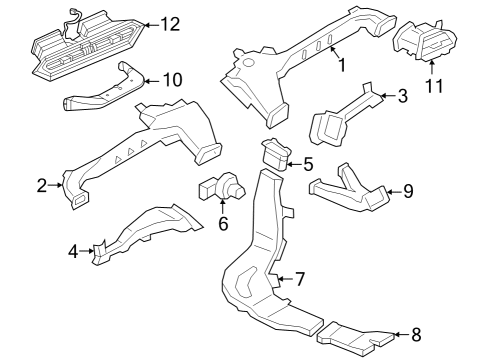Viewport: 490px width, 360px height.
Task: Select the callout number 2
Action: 42,185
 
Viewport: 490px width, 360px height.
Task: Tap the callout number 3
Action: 402,97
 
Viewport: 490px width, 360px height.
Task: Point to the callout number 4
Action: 73,251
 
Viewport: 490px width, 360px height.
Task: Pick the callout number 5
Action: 308,164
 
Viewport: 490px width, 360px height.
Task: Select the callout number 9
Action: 408,191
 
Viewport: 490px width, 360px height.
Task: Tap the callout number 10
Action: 172,78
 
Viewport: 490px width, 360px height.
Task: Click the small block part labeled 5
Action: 276,155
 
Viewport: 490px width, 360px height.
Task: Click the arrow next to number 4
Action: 88,251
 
